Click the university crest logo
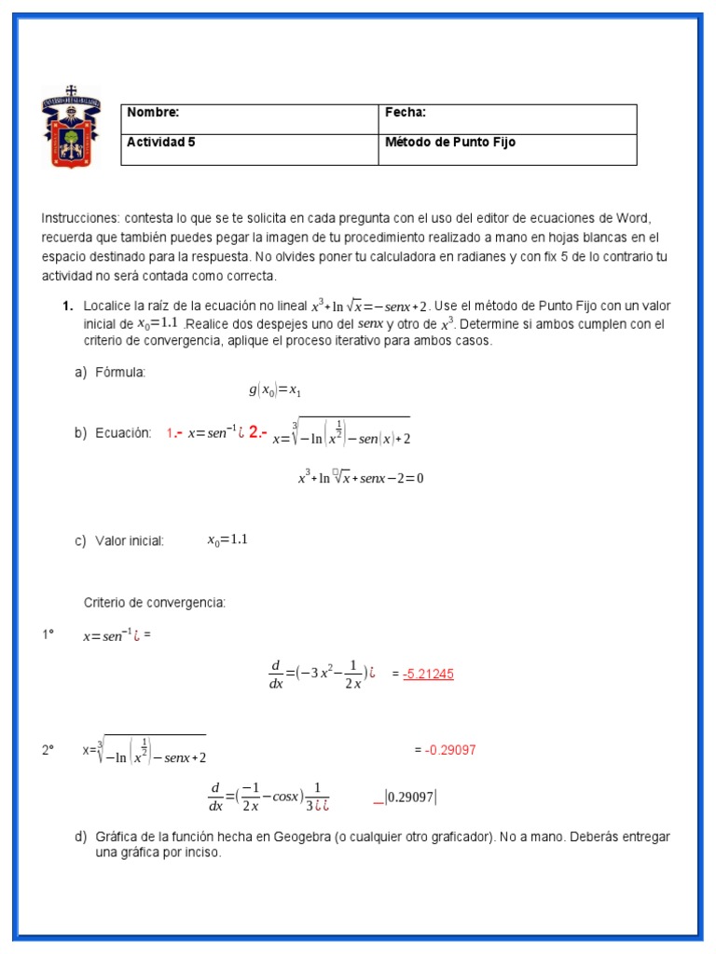[x=71, y=128]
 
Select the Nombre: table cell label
[x=153, y=113]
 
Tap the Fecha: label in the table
[x=406, y=113]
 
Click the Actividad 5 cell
[x=161, y=143]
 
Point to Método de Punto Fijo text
[x=450, y=143]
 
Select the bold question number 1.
[x=67, y=306]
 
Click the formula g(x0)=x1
[x=275, y=390]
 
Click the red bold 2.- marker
[x=258, y=432]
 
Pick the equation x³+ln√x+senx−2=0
[x=361, y=478]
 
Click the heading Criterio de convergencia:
[x=155, y=603]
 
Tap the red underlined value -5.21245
[x=428, y=674]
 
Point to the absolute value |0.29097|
[x=411, y=797]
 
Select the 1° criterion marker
[x=48, y=635]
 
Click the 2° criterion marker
[x=48, y=749]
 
